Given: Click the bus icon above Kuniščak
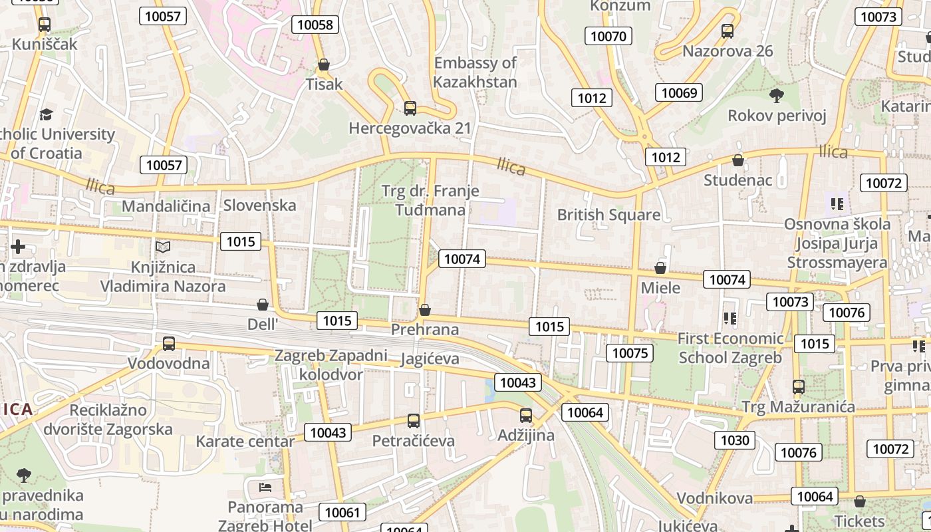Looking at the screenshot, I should [45, 25].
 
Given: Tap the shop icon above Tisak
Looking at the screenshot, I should [324, 65].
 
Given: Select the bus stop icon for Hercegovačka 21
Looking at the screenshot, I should [410, 108].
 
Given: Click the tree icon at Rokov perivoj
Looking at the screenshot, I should [776, 96].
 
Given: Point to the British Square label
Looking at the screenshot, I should [608, 214].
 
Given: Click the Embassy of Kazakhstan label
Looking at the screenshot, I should [475, 72].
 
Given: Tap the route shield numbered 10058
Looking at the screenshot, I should [315, 25].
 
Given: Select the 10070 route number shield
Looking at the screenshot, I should [608, 36].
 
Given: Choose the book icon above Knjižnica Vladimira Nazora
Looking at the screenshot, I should [163, 247].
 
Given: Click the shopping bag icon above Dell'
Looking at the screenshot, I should [263, 305].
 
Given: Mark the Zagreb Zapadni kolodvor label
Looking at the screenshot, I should [331, 364].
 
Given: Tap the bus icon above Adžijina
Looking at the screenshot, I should [526, 416].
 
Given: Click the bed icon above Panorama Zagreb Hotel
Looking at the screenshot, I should [265, 487].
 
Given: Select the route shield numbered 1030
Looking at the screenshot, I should [735, 440].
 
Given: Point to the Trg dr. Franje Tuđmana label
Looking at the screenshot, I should [430, 200].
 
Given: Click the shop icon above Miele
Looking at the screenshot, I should [660, 268].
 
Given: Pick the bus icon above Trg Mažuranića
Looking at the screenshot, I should [799, 386].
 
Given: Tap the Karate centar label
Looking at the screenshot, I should [245, 442].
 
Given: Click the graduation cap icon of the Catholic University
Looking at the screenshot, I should [46, 115].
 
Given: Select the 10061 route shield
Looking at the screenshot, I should [342, 512].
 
